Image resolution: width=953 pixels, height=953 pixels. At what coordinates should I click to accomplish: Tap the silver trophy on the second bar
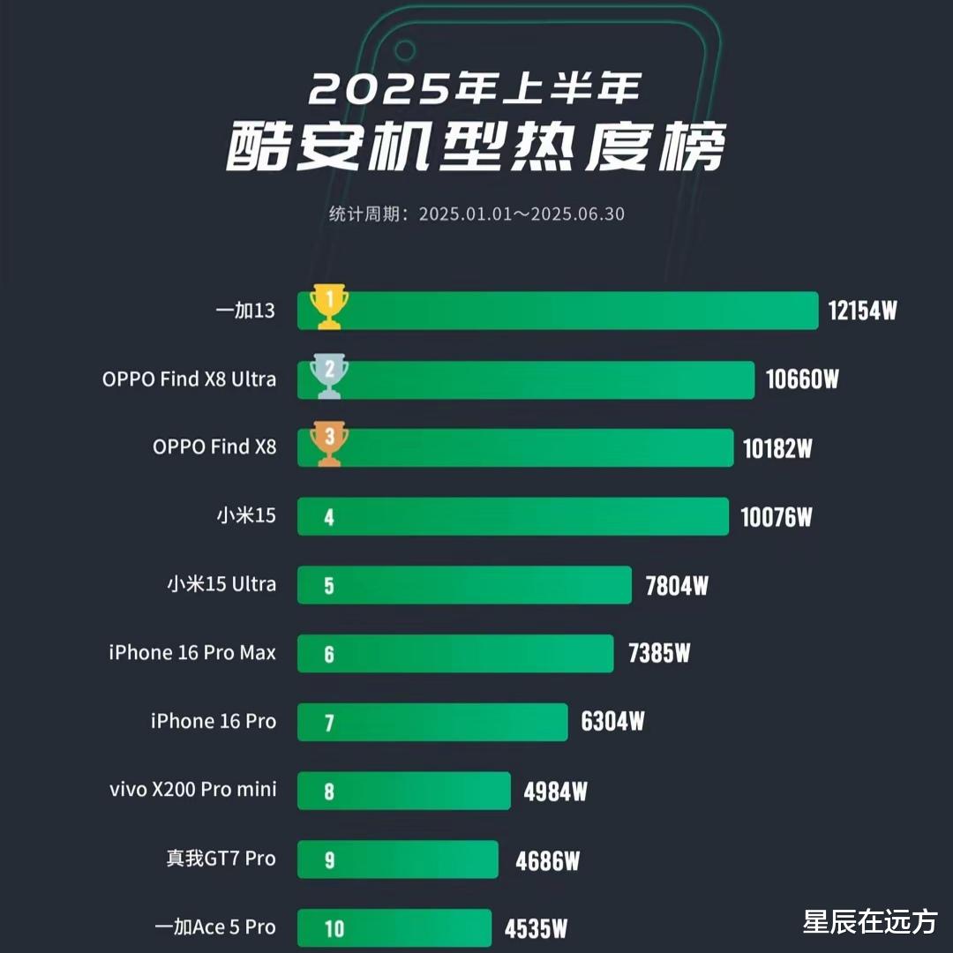328,377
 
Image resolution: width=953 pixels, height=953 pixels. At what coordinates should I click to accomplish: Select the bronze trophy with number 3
328,446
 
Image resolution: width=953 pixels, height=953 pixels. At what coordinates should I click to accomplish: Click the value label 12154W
862,311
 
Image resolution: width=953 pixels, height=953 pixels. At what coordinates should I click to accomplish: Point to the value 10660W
801,379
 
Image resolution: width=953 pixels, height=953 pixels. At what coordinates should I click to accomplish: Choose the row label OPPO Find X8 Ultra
189,379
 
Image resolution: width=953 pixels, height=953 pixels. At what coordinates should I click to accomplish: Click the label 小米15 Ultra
221,584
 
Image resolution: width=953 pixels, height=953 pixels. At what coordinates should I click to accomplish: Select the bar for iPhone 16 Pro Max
454,653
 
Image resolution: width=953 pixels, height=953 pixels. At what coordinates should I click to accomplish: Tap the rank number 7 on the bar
329,723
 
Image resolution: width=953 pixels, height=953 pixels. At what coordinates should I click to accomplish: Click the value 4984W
555,792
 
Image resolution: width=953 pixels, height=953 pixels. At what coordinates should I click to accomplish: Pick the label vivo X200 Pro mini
192,789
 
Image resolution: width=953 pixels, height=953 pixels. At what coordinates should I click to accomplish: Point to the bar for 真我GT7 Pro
397,859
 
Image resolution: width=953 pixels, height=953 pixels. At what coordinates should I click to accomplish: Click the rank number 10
334,928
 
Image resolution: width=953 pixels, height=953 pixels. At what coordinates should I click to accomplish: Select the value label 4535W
536,928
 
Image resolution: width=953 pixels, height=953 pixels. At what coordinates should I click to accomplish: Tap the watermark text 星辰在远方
869,922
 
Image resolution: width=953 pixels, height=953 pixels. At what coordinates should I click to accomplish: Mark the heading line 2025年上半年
476,88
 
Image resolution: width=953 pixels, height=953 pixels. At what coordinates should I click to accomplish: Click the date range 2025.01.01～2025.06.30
521,214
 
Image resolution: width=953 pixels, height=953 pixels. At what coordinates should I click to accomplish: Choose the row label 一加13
245,311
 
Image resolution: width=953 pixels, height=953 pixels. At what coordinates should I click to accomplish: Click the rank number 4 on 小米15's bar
329,517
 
